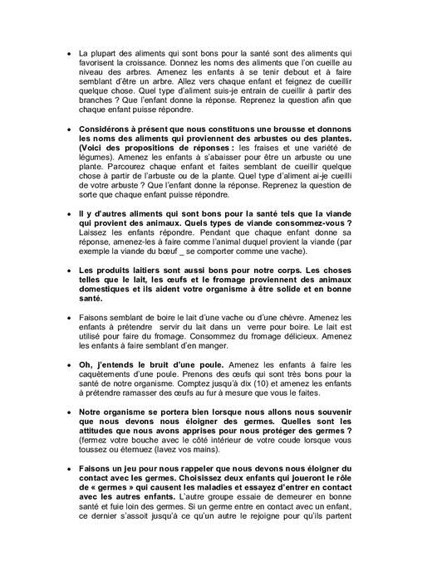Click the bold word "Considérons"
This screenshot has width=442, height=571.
108,130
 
